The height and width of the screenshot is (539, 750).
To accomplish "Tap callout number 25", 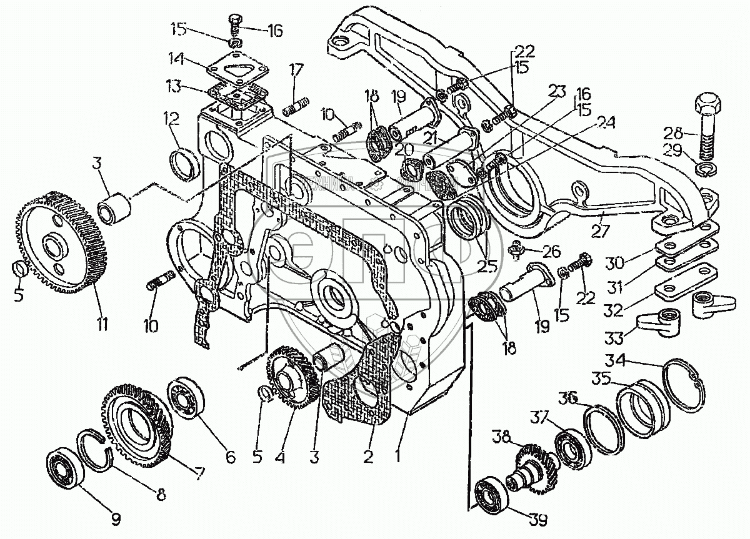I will click(487, 266).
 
